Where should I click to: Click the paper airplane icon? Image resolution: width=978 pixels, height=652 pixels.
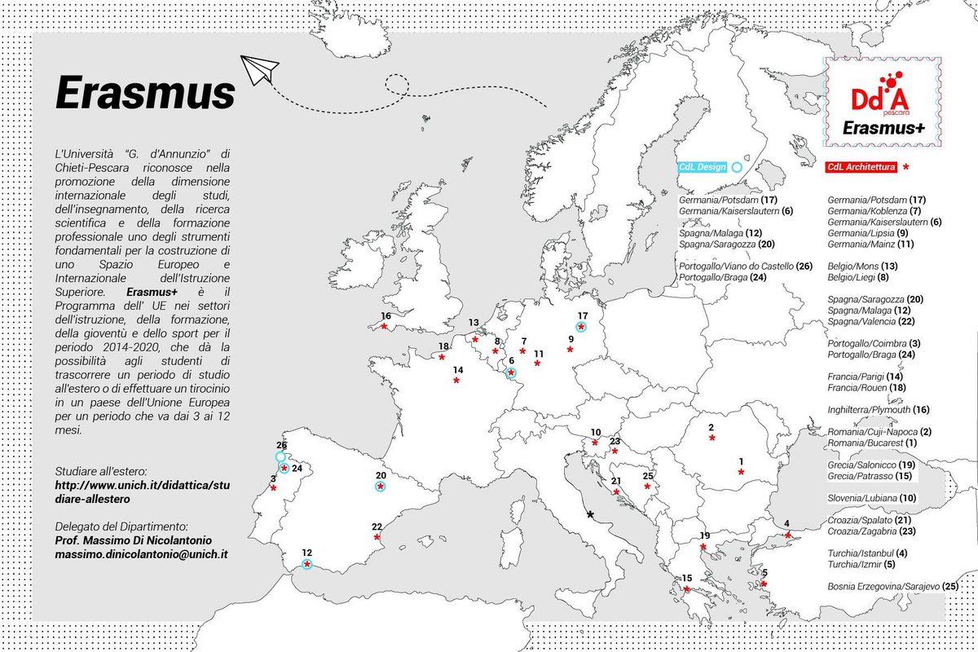coord(261,68)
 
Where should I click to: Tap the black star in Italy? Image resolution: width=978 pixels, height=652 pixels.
coord(590,514)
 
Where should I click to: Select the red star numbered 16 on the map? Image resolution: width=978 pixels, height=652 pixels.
coord(384,326)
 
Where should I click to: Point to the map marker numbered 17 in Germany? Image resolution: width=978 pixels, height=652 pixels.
coord(581,326)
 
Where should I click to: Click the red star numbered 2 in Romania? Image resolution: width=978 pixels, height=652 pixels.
coord(712,438)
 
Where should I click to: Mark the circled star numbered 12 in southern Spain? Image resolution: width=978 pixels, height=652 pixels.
coord(307,564)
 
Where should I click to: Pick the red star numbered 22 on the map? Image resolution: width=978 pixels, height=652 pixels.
coord(377,537)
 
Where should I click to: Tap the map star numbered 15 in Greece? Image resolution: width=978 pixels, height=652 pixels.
coord(687,589)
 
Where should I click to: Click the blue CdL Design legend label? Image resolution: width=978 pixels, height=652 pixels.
coord(702,166)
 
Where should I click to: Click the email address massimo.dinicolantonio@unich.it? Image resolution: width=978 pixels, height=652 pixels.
coord(141,553)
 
